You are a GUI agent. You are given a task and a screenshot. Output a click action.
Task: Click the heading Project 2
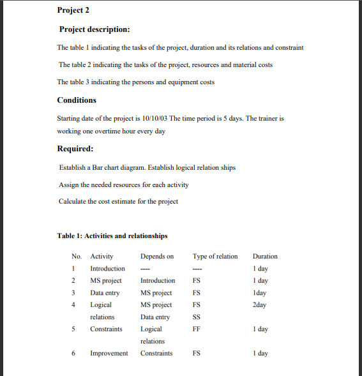coord(73,10)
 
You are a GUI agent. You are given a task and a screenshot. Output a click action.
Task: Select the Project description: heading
coord(94,29)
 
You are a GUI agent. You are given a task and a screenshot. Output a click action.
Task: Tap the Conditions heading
coord(77,100)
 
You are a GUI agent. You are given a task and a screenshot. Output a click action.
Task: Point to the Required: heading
coord(76,149)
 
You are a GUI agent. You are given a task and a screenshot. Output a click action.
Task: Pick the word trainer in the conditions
coord(268,119)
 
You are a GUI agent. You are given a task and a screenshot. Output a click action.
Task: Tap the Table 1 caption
coord(112,236)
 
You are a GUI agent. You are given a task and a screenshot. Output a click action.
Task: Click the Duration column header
coord(265,257)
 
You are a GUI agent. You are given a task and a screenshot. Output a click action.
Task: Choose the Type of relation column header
coord(215,257)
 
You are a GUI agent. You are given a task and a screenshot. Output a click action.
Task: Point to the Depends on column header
coord(157,257)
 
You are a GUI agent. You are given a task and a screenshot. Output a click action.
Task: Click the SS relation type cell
coord(197,317)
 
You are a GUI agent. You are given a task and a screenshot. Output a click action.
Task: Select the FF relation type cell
coord(197,329)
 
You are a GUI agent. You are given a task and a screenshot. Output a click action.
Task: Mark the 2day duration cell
coord(259,305)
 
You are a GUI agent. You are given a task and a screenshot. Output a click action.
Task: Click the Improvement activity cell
coord(109,354)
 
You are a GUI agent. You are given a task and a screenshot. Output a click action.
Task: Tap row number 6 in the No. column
coord(74,354)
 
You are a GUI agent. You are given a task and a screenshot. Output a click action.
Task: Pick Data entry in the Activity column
coord(105,293)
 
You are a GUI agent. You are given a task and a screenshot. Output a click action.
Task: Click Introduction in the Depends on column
coord(158,281)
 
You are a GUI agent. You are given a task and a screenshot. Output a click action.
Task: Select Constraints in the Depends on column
coord(156,354)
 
